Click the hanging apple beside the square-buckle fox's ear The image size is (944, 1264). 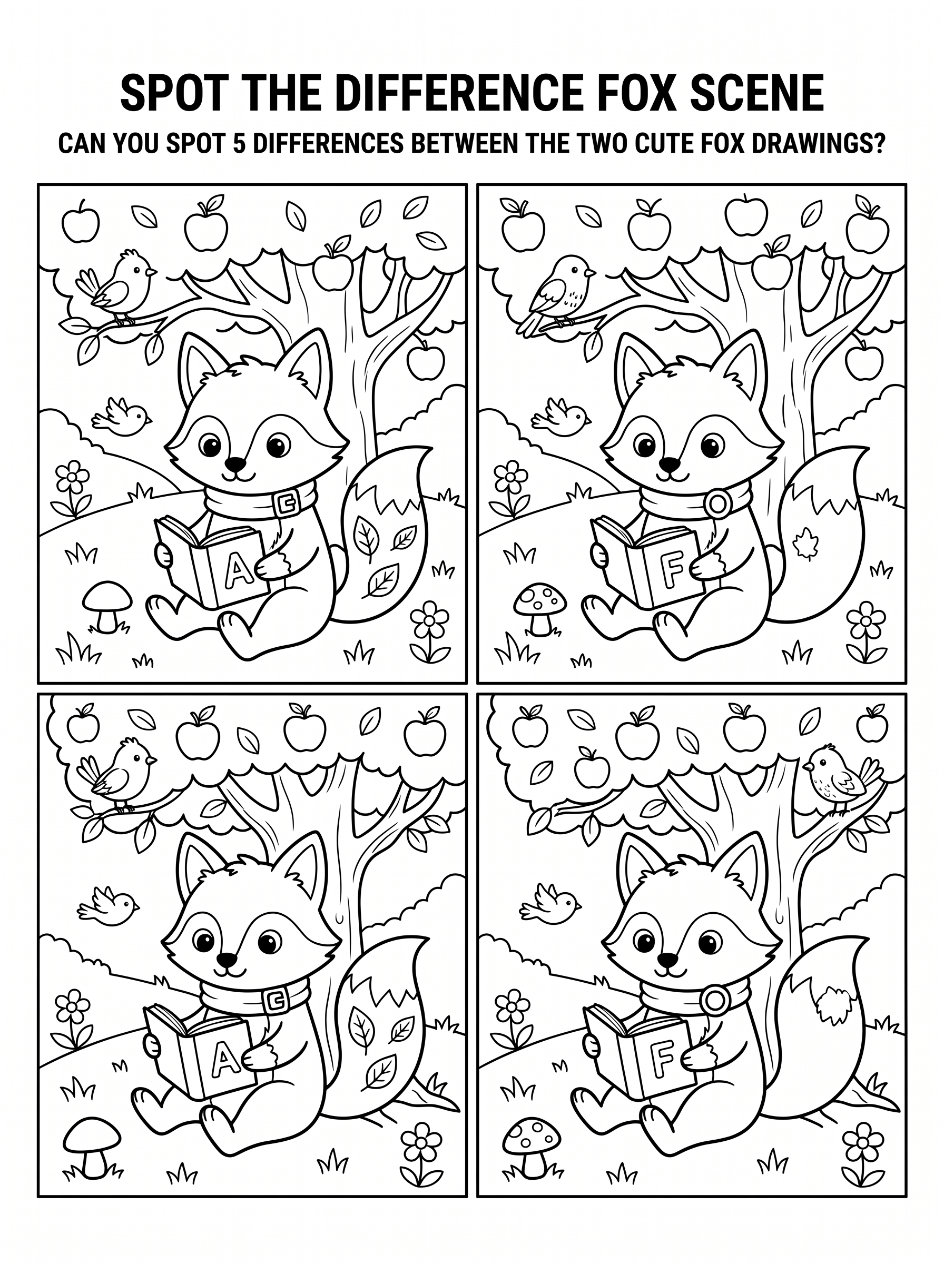pyautogui.click(x=425, y=358)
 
